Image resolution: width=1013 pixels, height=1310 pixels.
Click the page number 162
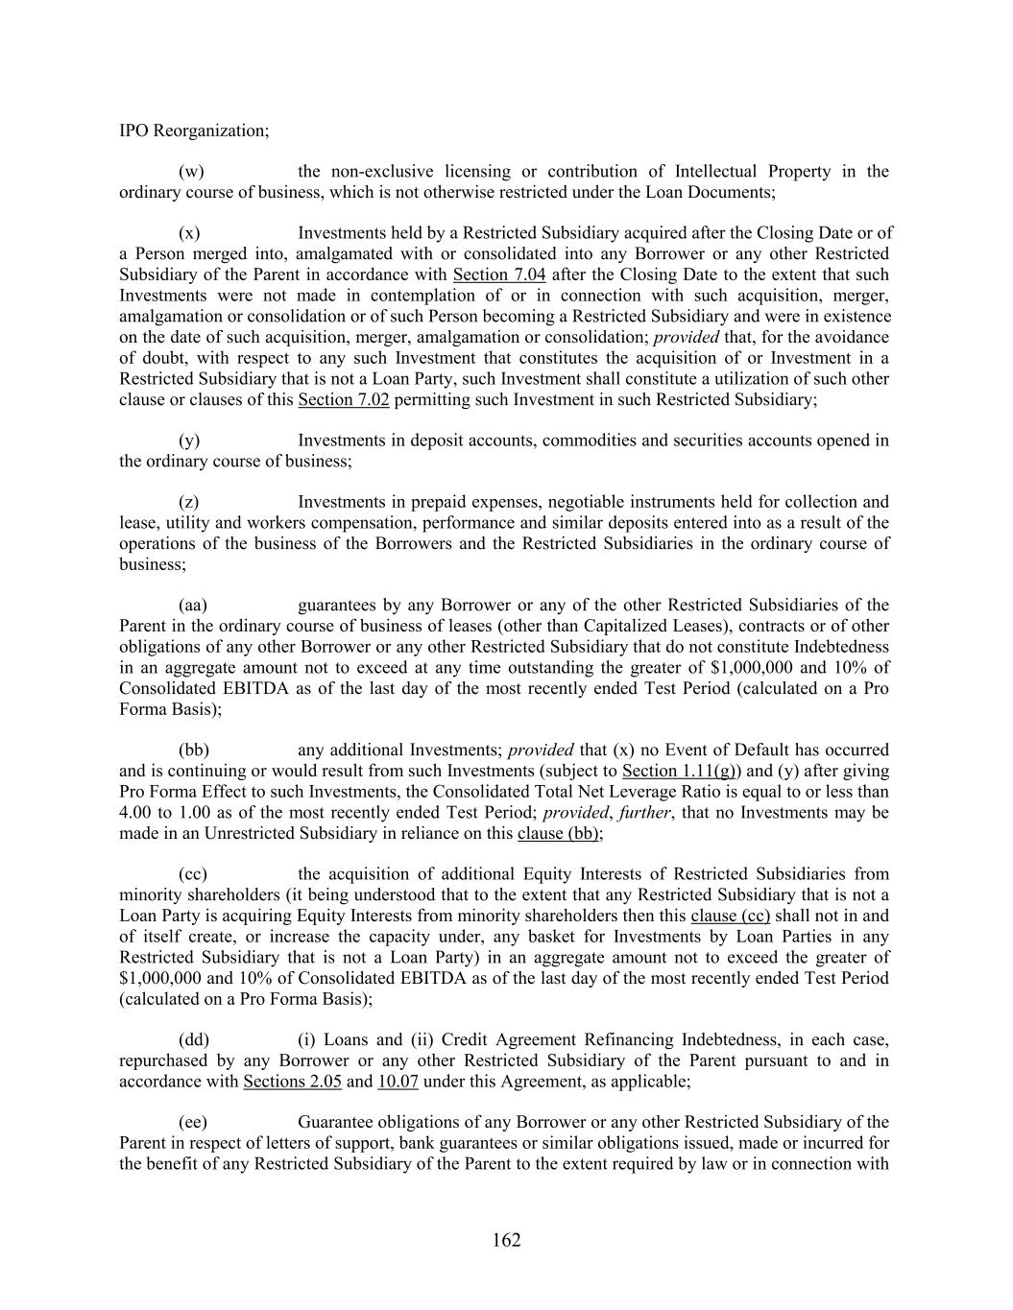point(506,1240)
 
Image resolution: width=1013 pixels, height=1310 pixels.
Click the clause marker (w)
point(191,172)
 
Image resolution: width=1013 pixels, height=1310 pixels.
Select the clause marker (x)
point(190,233)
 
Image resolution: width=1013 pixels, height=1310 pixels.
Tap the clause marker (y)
point(190,441)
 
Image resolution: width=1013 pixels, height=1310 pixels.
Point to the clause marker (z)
point(190,502)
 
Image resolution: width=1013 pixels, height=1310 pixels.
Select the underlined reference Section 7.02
point(344,400)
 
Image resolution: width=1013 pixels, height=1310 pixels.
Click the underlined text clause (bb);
point(560,834)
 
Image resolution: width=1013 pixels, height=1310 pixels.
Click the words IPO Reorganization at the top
point(193,131)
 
